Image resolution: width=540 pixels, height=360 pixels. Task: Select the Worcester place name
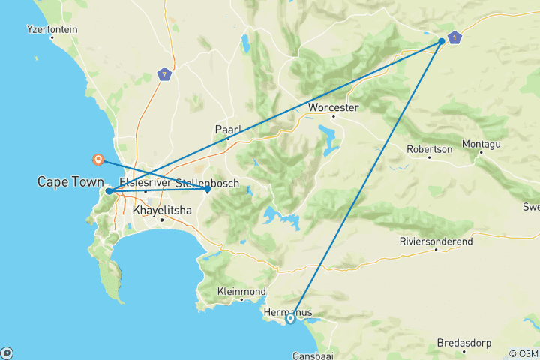click(x=334, y=107)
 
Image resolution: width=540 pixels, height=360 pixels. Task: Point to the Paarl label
click(x=227, y=129)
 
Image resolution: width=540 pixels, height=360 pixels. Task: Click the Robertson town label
click(x=430, y=148)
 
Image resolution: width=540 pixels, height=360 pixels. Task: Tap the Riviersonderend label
click(x=436, y=240)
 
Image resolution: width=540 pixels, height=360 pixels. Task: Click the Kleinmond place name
click(x=241, y=290)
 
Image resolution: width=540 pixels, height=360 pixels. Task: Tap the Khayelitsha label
click(x=161, y=211)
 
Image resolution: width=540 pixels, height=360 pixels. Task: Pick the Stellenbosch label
click(x=207, y=183)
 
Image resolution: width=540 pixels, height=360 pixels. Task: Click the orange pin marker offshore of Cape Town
click(x=97, y=159)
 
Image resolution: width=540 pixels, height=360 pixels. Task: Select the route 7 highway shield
click(x=164, y=74)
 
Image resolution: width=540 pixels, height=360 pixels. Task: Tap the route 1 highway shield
click(x=454, y=37)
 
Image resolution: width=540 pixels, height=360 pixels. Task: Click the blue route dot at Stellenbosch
click(x=208, y=190)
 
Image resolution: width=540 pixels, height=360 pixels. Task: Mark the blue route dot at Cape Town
click(x=109, y=191)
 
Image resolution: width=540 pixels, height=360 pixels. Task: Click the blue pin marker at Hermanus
click(x=290, y=319)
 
